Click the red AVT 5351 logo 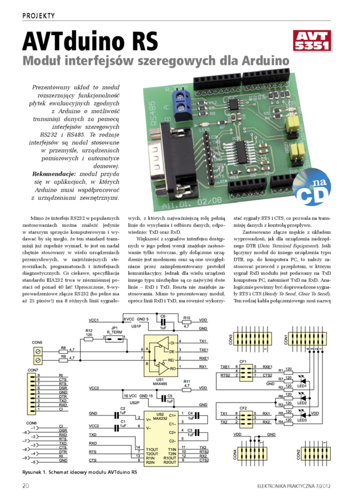tap(313, 40)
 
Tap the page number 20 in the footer tap(26, 486)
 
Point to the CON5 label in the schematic tap(37, 342)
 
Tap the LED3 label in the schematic tap(302, 419)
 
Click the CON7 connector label tap(33, 370)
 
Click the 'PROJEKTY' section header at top tap(39, 15)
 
